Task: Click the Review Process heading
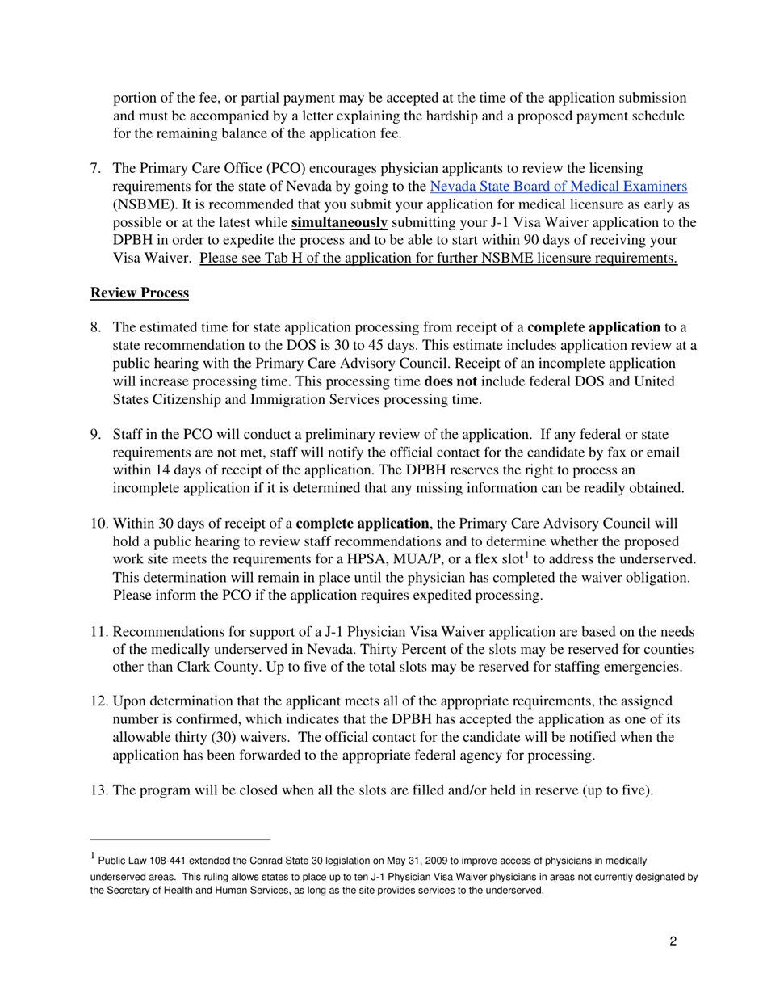click(140, 293)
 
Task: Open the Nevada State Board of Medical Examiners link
click(559, 187)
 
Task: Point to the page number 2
click(673, 941)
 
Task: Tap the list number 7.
click(94, 169)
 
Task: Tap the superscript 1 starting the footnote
click(93, 857)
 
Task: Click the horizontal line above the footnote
click(180, 840)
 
